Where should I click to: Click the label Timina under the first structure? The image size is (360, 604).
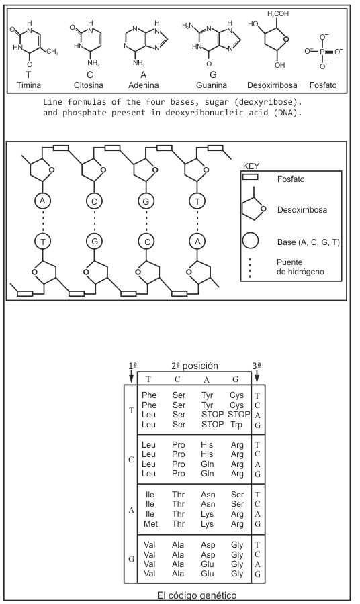pyautogui.click(x=29, y=85)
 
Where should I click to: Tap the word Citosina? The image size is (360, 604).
pyautogui.click(x=89, y=85)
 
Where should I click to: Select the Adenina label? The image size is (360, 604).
pyautogui.click(x=143, y=85)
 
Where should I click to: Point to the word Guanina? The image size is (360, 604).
pyautogui.click(x=212, y=85)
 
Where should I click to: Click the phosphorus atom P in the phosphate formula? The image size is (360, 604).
pyautogui.click(x=322, y=51)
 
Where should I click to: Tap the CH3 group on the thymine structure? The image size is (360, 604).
pyautogui.click(x=52, y=52)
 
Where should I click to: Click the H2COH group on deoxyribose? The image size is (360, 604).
pyautogui.click(x=278, y=14)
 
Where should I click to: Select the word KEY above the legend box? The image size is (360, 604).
pyautogui.click(x=251, y=166)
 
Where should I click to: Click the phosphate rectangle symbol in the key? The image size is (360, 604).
pyautogui.click(x=250, y=177)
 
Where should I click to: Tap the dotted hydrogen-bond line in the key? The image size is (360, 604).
pyautogui.click(x=250, y=268)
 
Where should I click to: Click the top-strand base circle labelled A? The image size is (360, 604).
pyautogui.click(x=43, y=200)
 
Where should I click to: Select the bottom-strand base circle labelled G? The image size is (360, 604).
pyautogui.click(x=95, y=242)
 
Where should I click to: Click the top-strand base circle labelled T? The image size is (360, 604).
pyautogui.click(x=197, y=201)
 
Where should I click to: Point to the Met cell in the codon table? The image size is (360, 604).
pyautogui.click(x=150, y=524)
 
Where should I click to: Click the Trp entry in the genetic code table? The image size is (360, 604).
pyautogui.click(x=236, y=425)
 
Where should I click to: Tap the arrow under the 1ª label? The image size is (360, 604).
pyautogui.click(x=132, y=376)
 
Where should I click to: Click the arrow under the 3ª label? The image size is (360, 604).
pyautogui.click(x=257, y=376)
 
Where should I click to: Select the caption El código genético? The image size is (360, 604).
pyautogui.click(x=197, y=595)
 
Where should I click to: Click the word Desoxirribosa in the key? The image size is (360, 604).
pyautogui.click(x=302, y=210)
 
